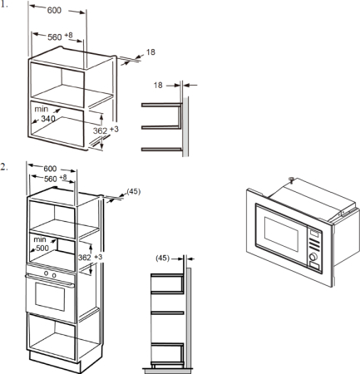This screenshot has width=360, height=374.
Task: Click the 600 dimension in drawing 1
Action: click(x=54, y=10)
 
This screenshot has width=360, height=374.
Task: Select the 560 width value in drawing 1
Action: click(x=55, y=37)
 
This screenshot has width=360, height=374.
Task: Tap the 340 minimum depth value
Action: click(x=48, y=119)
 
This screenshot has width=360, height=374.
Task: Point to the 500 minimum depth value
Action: click(x=42, y=248)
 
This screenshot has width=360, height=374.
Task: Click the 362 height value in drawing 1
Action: click(x=100, y=130)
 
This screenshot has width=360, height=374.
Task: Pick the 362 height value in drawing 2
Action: click(x=85, y=258)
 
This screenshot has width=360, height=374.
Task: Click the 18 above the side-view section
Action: click(x=158, y=85)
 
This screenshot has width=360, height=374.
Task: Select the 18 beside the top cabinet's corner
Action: click(x=150, y=52)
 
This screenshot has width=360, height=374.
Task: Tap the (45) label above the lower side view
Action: click(x=162, y=258)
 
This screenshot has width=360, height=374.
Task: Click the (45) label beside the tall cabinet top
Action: click(x=134, y=191)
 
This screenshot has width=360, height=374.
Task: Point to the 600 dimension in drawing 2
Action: click(x=50, y=169)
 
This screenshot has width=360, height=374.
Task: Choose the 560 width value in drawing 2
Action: click(x=51, y=179)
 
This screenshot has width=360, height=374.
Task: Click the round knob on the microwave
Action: click(x=313, y=257)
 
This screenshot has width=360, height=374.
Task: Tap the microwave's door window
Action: click(x=281, y=234)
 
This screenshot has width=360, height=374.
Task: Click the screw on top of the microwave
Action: click(x=291, y=180)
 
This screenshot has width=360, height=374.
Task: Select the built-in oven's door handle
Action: click(x=50, y=281)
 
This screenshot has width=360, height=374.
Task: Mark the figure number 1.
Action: click(x=4, y=4)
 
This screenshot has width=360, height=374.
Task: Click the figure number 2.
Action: click(x=4, y=167)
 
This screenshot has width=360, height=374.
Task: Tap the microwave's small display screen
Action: click(x=314, y=234)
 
